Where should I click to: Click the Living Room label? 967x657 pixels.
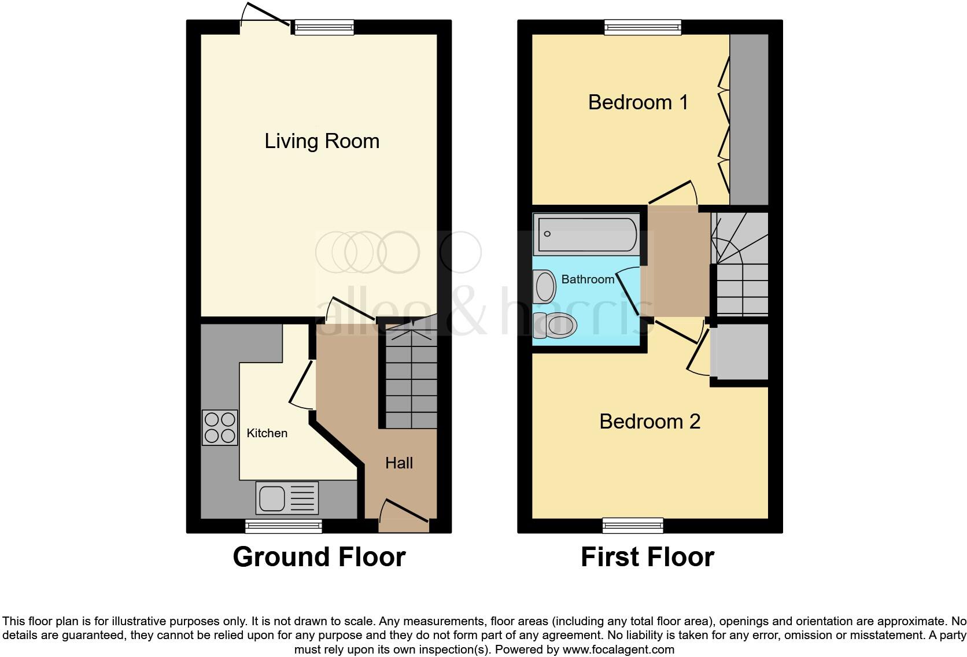322,141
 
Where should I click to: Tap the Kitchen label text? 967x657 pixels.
267,433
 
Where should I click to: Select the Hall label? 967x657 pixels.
399,463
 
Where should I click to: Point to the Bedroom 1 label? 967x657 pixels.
638,102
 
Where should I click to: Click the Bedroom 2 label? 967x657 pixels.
649,422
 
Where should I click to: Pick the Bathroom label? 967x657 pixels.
588,279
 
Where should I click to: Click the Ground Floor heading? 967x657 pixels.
319,557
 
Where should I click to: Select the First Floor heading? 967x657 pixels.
647,557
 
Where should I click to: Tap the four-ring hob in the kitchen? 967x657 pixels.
220,427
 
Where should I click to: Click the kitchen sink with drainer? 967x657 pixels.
287,498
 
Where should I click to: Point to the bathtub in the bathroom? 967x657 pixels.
586,234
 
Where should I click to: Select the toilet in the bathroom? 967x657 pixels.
556,326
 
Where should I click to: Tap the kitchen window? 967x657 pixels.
283,526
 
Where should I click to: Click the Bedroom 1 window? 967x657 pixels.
643,27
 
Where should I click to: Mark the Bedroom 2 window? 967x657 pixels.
633,525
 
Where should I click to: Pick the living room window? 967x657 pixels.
323,27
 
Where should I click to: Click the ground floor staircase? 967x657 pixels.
411,379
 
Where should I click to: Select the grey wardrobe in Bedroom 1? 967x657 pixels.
749,119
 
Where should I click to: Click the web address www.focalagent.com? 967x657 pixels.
618,649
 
